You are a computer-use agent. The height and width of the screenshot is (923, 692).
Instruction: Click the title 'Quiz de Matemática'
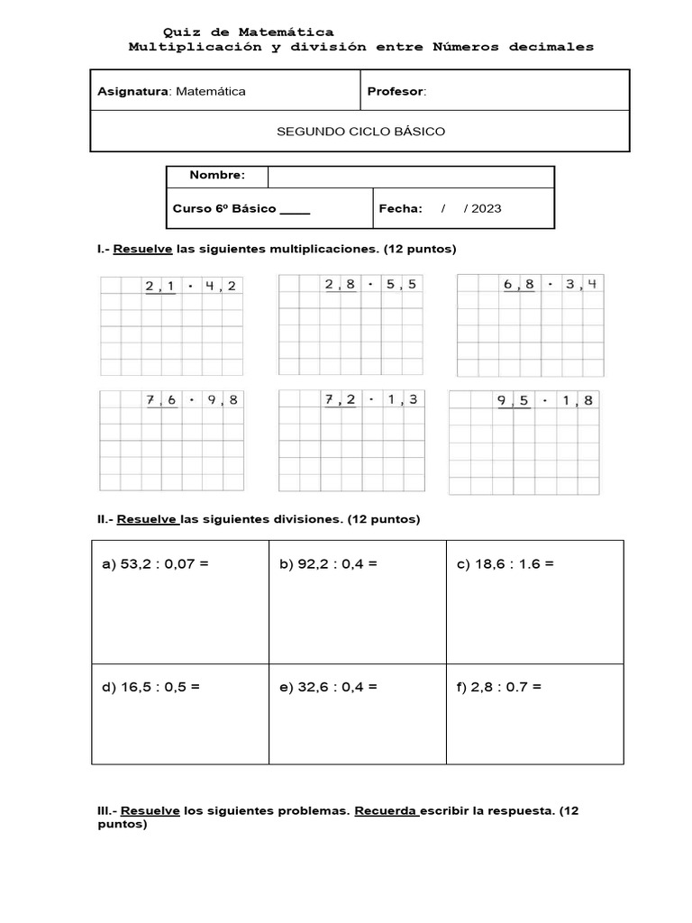click(x=247, y=32)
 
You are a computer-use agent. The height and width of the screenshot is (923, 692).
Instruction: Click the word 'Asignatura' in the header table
click(x=132, y=91)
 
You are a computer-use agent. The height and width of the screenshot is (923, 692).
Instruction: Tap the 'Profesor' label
click(x=396, y=91)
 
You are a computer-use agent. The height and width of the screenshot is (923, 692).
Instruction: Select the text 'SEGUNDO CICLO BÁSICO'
click(x=360, y=132)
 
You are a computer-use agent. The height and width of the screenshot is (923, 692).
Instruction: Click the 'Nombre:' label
click(x=216, y=175)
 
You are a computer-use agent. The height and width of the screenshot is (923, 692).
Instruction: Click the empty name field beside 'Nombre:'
click(x=410, y=176)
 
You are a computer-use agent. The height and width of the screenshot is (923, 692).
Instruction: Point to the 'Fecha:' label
click(x=400, y=208)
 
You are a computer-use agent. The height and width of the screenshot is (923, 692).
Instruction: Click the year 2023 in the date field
click(x=486, y=208)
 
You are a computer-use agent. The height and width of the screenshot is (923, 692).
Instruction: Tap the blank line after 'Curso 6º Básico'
click(x=295, y=209)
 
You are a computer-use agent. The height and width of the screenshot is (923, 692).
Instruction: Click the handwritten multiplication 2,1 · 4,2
click(x=192, y=287)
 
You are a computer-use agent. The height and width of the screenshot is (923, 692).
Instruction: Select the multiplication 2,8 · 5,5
click(x=370, y=285)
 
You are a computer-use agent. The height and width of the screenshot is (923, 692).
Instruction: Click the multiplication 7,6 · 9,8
click(x=192, y=399)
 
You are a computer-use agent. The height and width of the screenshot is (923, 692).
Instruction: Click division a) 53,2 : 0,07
click(x=155, y=564)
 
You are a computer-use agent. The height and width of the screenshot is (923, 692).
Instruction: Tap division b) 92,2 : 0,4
click(x=328, y=564)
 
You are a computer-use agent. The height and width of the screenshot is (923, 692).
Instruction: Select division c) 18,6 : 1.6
click(x=505, y=564)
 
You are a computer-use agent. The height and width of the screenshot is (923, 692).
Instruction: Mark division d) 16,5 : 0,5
click(x=150, y=687)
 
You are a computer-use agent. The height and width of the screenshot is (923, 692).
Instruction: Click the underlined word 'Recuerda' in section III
click(x=386, y=810)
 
